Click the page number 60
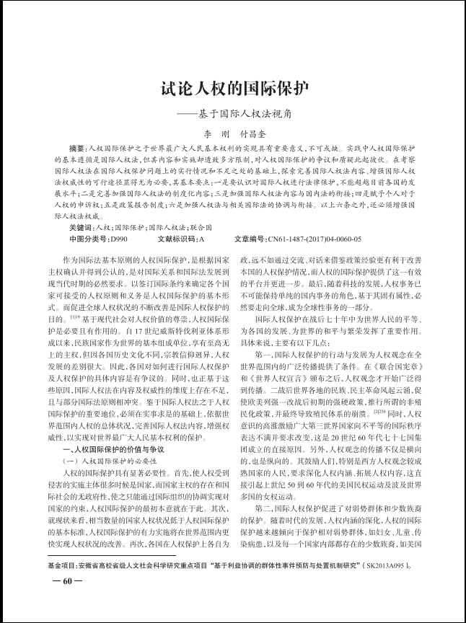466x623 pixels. coord(63,601)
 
